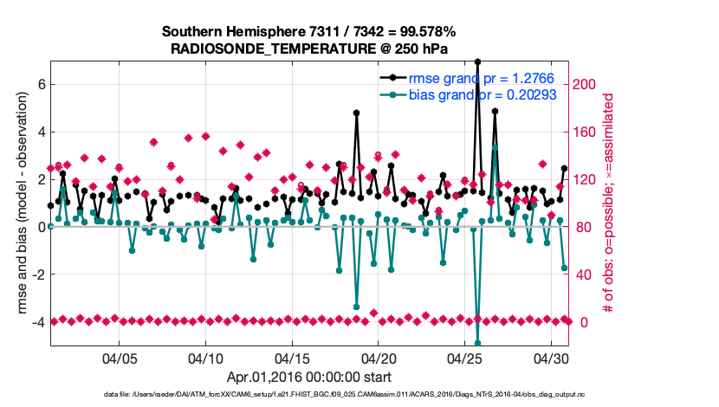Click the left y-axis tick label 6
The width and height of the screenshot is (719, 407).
pyautogui.click(x=41, y=85)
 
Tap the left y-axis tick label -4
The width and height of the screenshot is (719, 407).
pyautogui.click(x=38, y=322)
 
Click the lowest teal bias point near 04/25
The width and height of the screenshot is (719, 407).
pyautogui.click(x=477, y=343)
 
